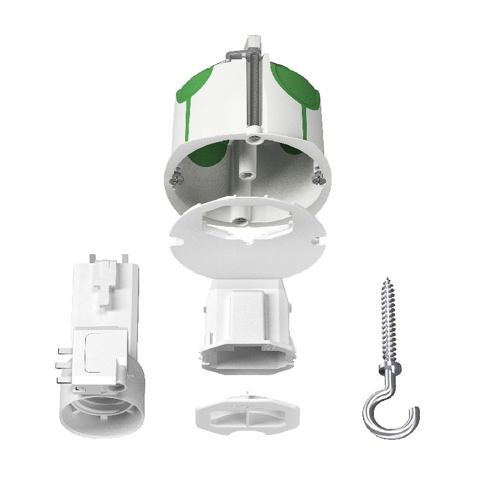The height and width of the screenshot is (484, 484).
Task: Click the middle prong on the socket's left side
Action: click(x=62, y=365)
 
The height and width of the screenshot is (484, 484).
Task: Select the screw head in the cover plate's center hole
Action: click(x=241, y=220)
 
